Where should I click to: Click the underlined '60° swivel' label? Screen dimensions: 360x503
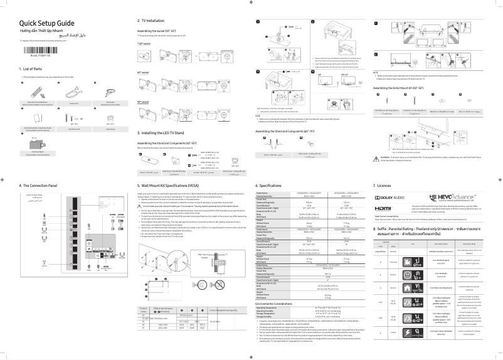(144, 73)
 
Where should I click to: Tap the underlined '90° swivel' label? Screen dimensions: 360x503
(144, 102)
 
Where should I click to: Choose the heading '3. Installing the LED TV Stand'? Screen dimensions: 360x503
(166, 133)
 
